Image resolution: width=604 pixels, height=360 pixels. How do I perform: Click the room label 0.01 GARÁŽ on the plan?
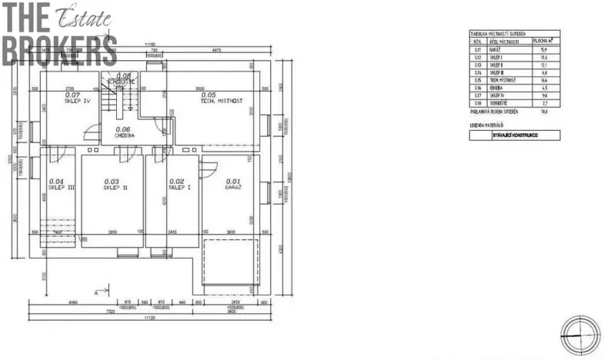tap(233, 185)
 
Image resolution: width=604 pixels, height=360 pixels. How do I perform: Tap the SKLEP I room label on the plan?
tap(177, 185)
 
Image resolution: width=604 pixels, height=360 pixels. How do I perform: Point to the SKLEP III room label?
tap(60, 185)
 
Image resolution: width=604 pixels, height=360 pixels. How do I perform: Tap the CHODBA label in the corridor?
tap(124, 132)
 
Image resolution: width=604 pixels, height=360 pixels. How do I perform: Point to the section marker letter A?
tap(95, 292)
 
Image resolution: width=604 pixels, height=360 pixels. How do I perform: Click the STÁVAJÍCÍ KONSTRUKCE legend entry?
tap(515, 135)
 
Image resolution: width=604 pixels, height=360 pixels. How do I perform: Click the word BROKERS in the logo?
tap(58, 50)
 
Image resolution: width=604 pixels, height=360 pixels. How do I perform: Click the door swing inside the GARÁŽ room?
tap(208, 168)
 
